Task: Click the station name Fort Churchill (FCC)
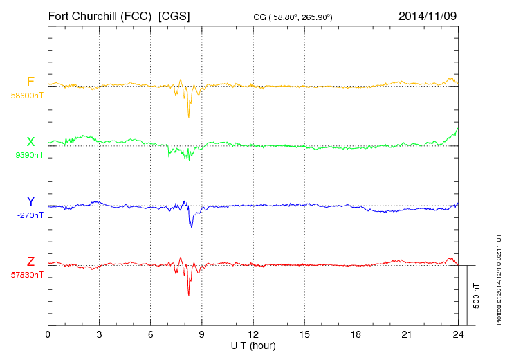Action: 99,15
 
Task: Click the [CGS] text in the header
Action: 174,15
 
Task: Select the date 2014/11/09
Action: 428,15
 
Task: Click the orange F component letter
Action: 30,82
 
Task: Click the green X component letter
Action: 30,142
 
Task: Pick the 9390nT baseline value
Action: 29,155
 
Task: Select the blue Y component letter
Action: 30,201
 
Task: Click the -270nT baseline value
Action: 30,215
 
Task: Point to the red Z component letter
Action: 30,261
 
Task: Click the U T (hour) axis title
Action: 253,345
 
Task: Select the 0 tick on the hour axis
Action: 48,334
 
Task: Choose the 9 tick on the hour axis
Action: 202,334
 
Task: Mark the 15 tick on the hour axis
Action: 304,334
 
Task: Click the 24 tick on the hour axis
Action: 458,334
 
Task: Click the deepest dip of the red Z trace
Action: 188,295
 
